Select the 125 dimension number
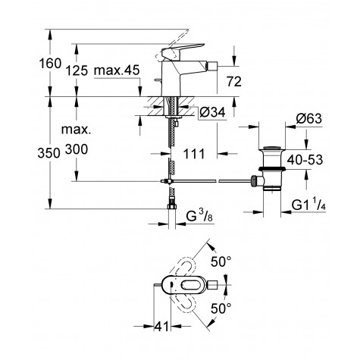pos(84,71)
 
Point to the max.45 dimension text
pos(121,71)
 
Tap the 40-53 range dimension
pos(313,161)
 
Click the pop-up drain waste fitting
pos(270,163)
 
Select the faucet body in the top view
pos(199,286)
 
